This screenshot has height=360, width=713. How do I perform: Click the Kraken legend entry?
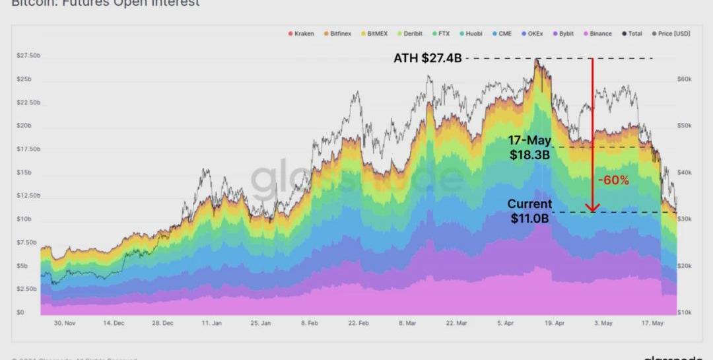tap(301, 34)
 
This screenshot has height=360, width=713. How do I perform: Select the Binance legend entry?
tap(597, 34)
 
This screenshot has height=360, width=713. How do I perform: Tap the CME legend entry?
tap(502, 34)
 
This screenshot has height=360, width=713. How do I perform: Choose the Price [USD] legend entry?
tap(671, 34)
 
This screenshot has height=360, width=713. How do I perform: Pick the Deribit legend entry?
tap(409, 34)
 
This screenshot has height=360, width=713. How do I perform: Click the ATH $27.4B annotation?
tap(427, 59)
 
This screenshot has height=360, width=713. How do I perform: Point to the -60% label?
tap(613, 180)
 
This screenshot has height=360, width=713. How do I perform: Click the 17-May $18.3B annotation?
tap(529, 147)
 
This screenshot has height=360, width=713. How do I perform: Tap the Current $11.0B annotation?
tap(529, 211)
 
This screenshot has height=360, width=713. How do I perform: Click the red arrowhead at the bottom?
tap(592, 209)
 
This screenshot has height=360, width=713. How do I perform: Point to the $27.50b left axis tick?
tap(28, 56)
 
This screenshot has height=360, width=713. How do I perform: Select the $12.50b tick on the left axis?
tap(28, 196)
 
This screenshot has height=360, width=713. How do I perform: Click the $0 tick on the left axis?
tap(20, 312)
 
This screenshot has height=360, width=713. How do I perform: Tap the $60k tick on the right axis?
tap(684, 79)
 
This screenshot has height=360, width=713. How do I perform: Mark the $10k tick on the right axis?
tap(684, 312)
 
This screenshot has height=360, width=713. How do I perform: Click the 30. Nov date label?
tap(65, 324)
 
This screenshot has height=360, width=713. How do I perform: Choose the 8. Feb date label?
tap(309, 324)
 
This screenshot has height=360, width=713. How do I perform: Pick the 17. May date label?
tap(652, 324)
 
